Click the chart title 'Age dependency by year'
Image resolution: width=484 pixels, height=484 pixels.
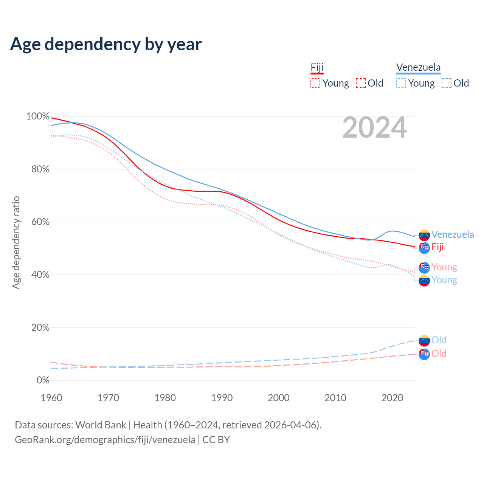(x=106, y=44)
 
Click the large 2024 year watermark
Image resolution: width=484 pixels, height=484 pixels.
(x=374, y=128)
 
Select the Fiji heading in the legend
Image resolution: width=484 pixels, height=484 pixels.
(x=317, y=68)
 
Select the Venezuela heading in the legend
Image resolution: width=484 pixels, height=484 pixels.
(x=418, y=68)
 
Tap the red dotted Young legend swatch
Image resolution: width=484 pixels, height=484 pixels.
(x=315, y=83)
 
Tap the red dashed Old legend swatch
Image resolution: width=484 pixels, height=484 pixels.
(x=360, y=83)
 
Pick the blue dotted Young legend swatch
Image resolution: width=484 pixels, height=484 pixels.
(x=401, y=83)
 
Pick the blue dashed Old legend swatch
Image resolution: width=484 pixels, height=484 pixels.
(x=446, y=83)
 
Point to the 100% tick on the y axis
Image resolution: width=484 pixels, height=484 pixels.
(x=38, y=116)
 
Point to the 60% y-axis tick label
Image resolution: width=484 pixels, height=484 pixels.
(x=40, y=222)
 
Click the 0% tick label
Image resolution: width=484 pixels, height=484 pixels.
(x=43, y=380)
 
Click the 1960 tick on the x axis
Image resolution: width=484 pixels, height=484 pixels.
(x=51, y=398)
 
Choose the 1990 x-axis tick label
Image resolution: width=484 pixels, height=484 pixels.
(x=222, y=398)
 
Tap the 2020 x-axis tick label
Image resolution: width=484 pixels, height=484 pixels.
(x=392, y=398)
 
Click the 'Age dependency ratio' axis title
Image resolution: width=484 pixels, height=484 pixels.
(x=16, y=242)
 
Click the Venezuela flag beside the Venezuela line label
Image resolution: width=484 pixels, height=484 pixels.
(x=424, y=235)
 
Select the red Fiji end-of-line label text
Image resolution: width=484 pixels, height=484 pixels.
(x=437, y=247)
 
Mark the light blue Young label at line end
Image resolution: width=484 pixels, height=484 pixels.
(x=444, y=280)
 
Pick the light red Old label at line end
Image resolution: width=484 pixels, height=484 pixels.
(x=439, y=354)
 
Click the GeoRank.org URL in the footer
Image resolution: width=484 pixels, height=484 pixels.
(x=105, y=440)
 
